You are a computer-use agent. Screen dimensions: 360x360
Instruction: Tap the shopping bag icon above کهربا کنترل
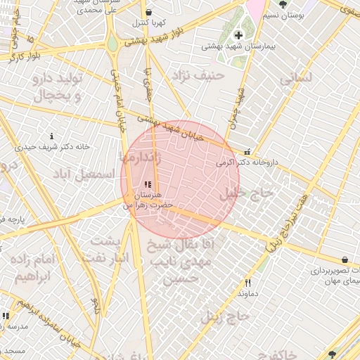click(148, 12)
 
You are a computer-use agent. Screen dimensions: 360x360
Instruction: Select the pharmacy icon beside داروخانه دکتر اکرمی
click(246, 152)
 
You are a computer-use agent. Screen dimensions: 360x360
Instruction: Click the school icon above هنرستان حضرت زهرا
click(147, 184)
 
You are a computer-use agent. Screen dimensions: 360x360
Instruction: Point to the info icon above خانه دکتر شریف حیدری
click(51, 136)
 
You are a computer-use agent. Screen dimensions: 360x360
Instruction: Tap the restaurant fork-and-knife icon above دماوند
click(247, 282)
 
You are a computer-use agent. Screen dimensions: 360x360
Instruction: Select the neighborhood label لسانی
click(295, 79)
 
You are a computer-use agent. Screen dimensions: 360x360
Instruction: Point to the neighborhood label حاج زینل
click(225, 316)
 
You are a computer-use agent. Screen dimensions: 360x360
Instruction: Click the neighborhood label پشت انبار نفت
click(108, 249)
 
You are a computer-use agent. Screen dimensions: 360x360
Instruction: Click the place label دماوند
click(249, 292)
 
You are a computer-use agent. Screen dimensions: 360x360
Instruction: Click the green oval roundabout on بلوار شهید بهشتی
click(112, 43)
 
